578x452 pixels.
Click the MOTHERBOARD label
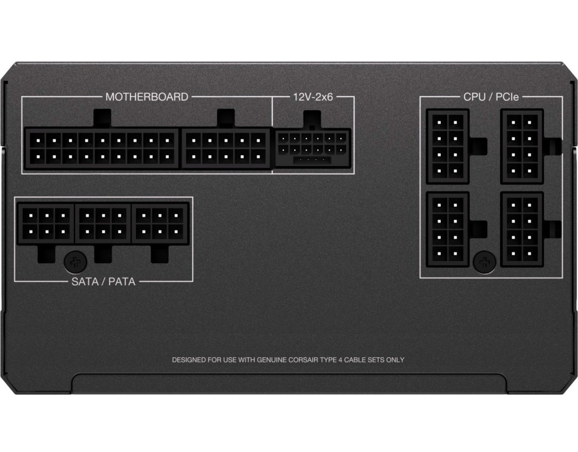click(x=147, y=97)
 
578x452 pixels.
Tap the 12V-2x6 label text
click(x=313, y=97)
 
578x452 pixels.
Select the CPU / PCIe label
click(x=491, y=97)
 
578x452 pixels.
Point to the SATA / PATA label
click(x=103, y=281)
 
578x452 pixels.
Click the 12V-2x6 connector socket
click(x=313, y=149)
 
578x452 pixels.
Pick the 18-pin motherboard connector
click(x=102, y=149)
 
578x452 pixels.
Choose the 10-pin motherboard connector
click(x=226, y=149)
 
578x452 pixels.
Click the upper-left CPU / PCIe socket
click(x=448, y=146)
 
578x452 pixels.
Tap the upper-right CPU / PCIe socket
click(x=522, y=146)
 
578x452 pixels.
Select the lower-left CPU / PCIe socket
click(x=448, y=229)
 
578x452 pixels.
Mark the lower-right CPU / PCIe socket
click(x=522, y=229)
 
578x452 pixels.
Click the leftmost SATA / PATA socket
click(x=46, y=223)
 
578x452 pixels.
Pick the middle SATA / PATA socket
click(x=103, y=223)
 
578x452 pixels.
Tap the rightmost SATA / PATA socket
click(x=160, y=223)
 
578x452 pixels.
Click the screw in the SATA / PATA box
click(x=76, y=262)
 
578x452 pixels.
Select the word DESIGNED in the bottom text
click(x=189, y=360)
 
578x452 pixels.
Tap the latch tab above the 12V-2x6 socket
click(x=313, y=120)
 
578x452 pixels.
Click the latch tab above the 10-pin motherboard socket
click(x=226, y=119)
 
